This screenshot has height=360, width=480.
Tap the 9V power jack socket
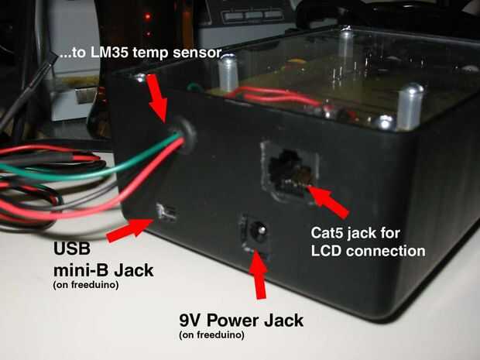[255, 230]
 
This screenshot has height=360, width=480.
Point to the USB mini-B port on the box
[166, 211]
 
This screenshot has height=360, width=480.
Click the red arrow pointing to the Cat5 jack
[331, 199]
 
